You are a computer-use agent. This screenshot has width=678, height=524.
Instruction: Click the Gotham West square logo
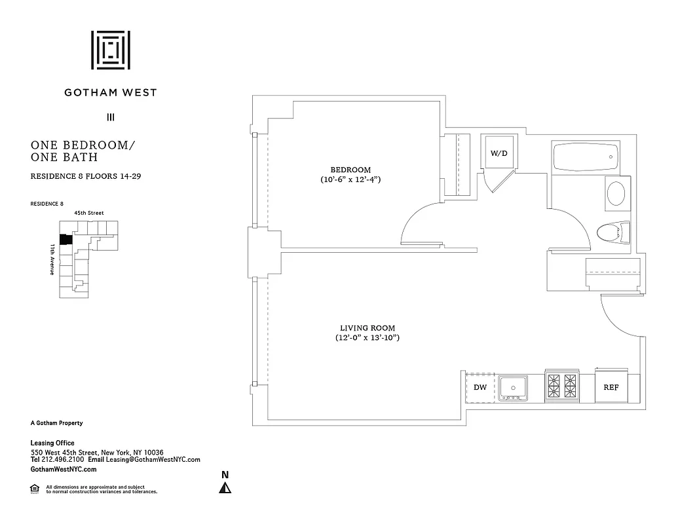tap(111, 50)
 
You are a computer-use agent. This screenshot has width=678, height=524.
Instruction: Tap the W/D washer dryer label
tap(499, 153)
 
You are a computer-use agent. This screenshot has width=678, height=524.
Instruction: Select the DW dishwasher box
tap(480, 387)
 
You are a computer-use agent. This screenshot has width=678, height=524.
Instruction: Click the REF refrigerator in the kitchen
tap(611, 387)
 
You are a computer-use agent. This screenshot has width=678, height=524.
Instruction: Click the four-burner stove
tap(562, 386)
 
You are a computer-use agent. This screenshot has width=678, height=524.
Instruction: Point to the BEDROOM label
tap(350, 170)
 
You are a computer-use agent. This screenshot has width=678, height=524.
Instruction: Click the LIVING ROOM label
tap(367, 328)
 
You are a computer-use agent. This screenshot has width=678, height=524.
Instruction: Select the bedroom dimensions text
tap(350, 179)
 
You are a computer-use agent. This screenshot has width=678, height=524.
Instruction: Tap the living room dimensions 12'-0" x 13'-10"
tap(367, 338)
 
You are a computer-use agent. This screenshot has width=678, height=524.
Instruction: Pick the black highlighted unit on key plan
tap(65, 240)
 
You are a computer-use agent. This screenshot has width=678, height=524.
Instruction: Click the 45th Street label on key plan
tap(88, 213)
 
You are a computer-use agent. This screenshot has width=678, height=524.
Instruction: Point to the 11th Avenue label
tap(52, 259)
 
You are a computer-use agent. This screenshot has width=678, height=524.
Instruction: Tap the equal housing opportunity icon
tap(34, 488)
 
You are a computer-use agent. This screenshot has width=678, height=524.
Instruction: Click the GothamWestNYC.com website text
tap(64, 469)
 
